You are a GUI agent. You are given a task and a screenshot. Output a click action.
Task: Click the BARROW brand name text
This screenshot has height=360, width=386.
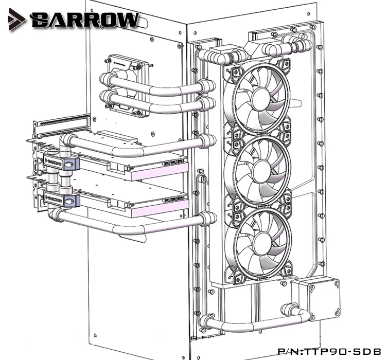pyautogui.click(x=84, y=20)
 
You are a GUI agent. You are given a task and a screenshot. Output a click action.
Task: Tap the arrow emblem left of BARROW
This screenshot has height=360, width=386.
pyautogui.click(x=16, y=20)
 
